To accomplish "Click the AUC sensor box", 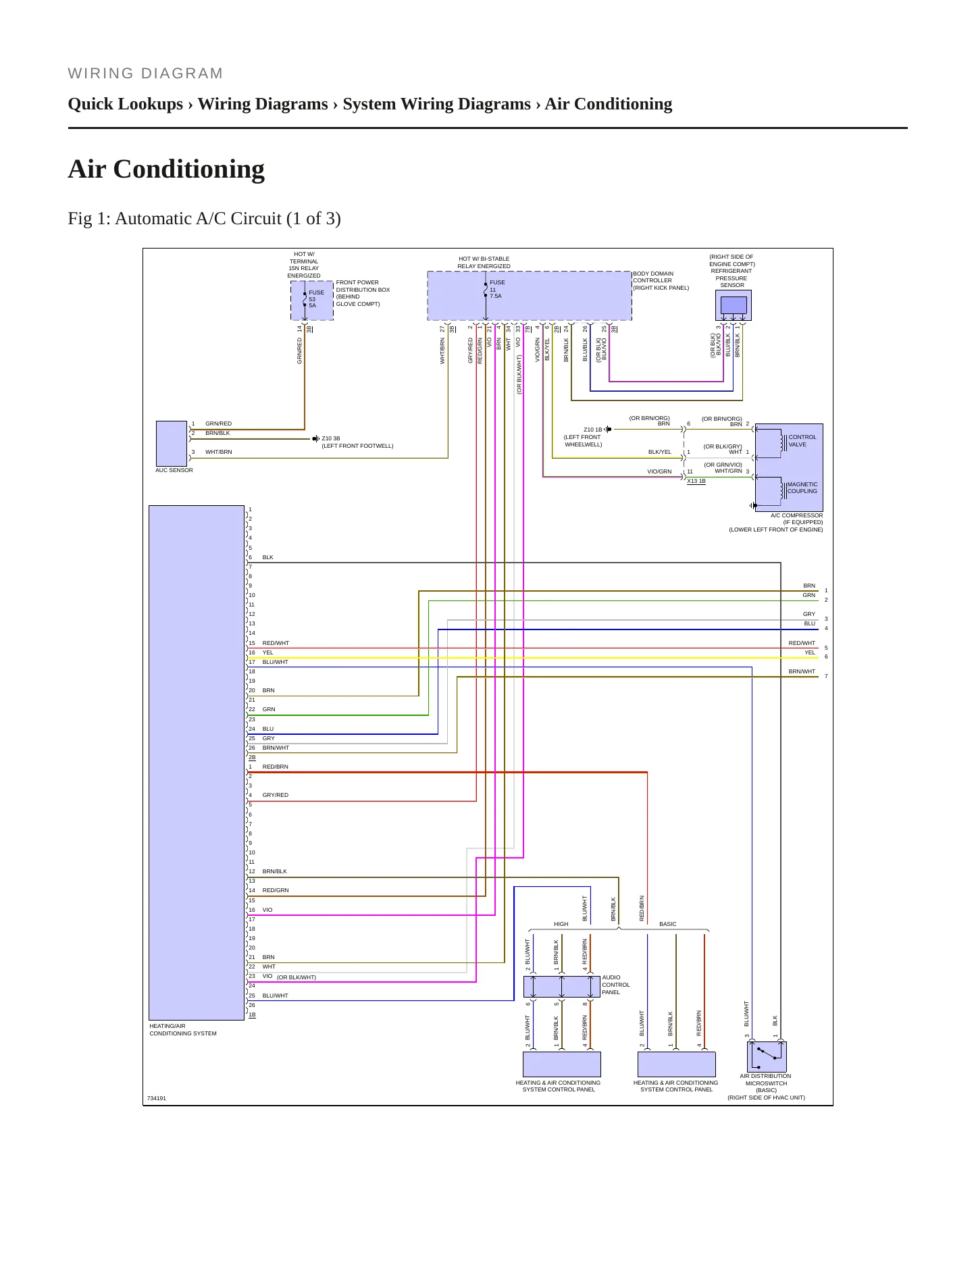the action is click(172, 443).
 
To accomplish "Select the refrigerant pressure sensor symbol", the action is click(734, 306).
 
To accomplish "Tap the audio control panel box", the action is click(562, 987).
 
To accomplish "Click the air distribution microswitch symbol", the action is click(767, 1056).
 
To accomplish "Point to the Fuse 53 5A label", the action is click(316, 299).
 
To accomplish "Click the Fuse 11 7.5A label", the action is click(497, 289).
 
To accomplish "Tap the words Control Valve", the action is click(802, 441).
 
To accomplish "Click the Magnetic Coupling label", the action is click(802, 488).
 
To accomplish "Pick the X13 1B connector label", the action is click(696, 482).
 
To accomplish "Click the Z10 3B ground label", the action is click(331, 438).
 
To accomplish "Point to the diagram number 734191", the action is click(157, 1098).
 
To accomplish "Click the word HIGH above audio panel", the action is click(561, 924).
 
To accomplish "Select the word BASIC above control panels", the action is click(668, 924).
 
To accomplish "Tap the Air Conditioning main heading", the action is click(166, 169).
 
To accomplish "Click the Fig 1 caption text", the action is click(204, 219).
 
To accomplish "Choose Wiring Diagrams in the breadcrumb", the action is click(263, 104).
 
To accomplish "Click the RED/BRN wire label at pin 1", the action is click(276, 767).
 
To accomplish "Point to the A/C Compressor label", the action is click(797, 515).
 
